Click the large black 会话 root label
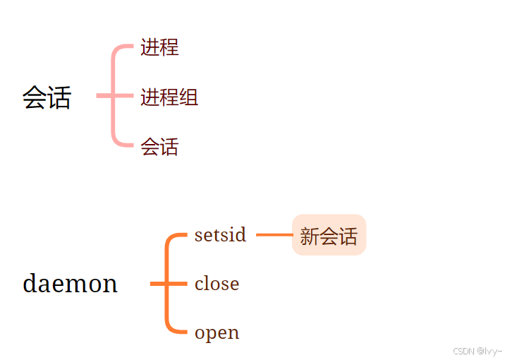(x=47, y=97)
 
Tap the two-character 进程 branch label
(x=159, y=47)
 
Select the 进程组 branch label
(x=169, y=97)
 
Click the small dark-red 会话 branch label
(x=159, y=147)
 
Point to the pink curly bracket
(x=114, y=96)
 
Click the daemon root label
(x=70, y=284)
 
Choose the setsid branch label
(x=220, y=234)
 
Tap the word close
(x=217, y=284)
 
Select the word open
(x=217, y=332)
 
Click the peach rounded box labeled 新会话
(x=329, y=235)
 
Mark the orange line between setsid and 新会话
(x=274, y=234)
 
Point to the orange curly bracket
(x=168, y=284)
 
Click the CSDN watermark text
(x=477, y=351)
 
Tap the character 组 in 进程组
(x=188, y=97)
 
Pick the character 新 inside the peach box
(x=310, y=236)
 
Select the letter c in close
(x=199, y=284)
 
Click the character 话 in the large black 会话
(x=59, y=97)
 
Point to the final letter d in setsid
(x=241, y=234)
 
